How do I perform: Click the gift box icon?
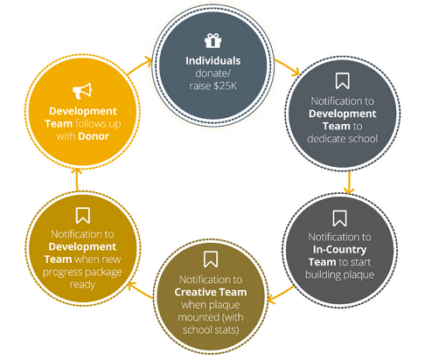pyautogui.click(x=212, y=40)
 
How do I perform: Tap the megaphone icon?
pyautogui.click(x=82, y=91)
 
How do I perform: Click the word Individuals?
pyautogui.click(x=213, y=61)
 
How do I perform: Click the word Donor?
pyautogui.click(x=94, y=136)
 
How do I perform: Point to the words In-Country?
pyautogui.click(x=339, y=250)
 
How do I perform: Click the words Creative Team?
pyautogui.click(x=211, y=292)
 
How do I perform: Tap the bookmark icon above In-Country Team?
pyautogui.click(x=339, y=218)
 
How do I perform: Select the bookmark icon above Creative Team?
pyautogui.click(x=211, y=259)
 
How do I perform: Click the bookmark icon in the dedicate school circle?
pyautogui.click(x=342, y=80)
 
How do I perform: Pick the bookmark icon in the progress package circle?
pyautogui.click(x=82, y=215)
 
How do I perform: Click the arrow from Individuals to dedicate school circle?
pyautogui.click(x=287, y=66)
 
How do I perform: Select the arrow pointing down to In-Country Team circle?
pyautogui.click(x=349, y=183)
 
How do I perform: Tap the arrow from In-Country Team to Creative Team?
pyautogui.click(x=281, y=294)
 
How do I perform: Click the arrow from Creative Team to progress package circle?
pyautogui.click(x=141, y=290)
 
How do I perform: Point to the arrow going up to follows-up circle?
pyautogui.click(x=77, y=179)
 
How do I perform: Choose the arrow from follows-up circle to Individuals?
pyautogui.click(x=139, y=66)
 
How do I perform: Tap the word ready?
pyautogui.click(x=82, y=285)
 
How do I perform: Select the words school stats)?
pyautogui.click(x=211, y=330)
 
